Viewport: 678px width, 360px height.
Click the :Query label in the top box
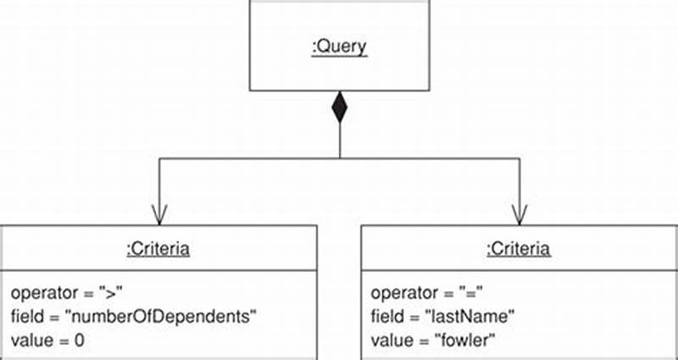(x=339, y=47)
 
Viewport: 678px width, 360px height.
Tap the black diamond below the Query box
(x=339, y=108)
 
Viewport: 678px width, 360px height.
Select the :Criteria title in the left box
(x=158, y=248)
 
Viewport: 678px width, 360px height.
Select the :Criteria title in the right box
(x=519, y=248)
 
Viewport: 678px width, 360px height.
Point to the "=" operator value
(x=472, y=293)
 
